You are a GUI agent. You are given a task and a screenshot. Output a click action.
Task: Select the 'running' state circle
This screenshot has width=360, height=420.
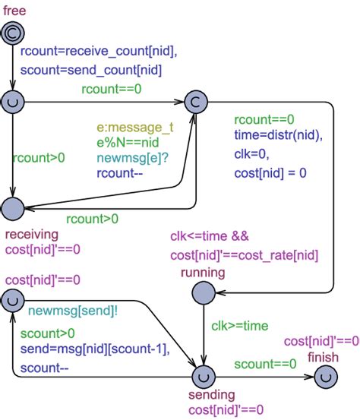click(x=203, y=292)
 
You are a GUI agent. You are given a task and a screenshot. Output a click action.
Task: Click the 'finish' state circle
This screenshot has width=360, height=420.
click(x=325, y=375)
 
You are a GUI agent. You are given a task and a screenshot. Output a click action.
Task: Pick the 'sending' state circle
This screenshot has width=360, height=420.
click(x=203, y=375)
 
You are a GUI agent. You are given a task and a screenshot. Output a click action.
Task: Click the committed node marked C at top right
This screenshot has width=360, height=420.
click(x=195, y=101)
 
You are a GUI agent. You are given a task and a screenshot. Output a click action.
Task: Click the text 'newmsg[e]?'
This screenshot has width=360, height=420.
click(x=127, y=157)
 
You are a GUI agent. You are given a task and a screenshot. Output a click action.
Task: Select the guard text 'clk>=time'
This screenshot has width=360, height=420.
click(x=240, y=327)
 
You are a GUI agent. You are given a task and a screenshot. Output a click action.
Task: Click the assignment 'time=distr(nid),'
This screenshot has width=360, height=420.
click(x=278, y=135)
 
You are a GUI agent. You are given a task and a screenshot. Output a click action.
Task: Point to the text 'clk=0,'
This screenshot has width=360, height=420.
click(x=251, y=154)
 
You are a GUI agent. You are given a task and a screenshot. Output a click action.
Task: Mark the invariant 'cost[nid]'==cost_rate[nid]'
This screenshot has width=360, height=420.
click(x=244, y=255)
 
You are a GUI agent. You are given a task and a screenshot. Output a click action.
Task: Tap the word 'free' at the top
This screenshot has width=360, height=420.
click(x=14, y=9)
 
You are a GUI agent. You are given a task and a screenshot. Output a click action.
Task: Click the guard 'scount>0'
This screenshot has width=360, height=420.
click(x=48, y=333)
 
